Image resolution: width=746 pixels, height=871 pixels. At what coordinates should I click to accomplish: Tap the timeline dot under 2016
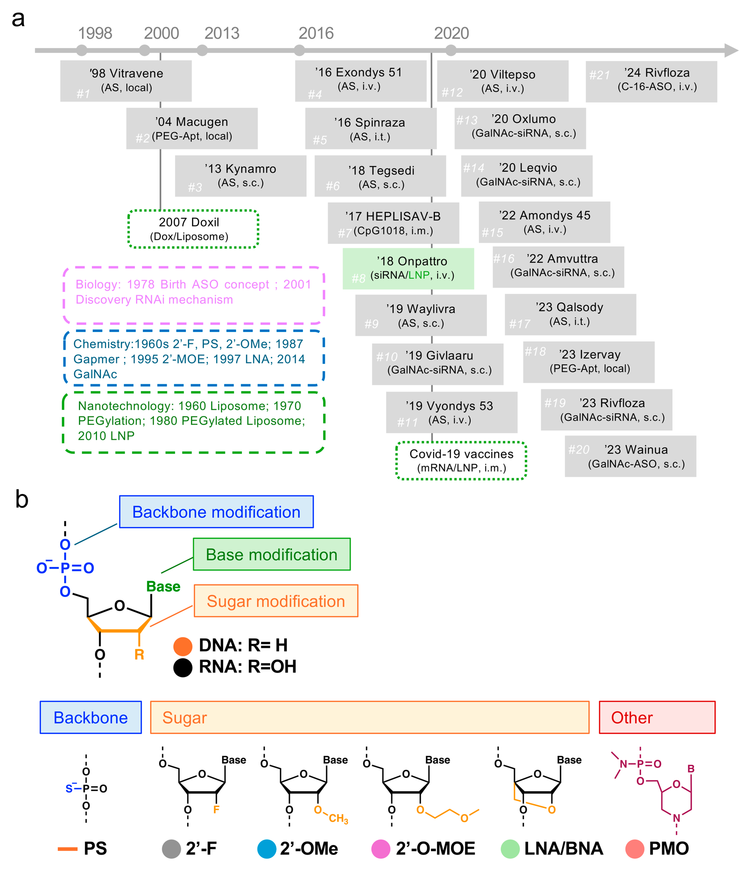tap(299, 50)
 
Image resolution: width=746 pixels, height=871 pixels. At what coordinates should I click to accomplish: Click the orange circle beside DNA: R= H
tap(183, 646)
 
